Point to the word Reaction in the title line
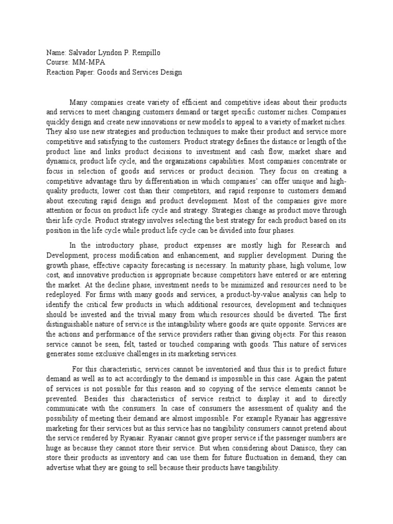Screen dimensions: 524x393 pos(59,72)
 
